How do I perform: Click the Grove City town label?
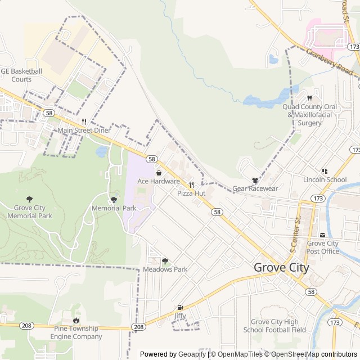click(x=281, y=268)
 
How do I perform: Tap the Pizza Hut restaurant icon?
click(x=191, y=184)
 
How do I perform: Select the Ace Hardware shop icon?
click(x=159, y=173)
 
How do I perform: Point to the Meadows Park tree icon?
click(x=165, y=260)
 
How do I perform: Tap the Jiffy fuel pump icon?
click(x=180, y=307)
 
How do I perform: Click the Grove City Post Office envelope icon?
click(x=322, y=235)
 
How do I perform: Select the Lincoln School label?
click(x=325, y=180)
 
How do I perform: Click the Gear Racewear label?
click(x=255, y=189)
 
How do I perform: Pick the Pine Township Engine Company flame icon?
click(x=76, y=320)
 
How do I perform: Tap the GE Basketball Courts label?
click(x=21, y=75)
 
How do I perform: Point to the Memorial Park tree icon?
click(x=114, y=200)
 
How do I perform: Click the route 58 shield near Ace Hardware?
click(x=152, y=159)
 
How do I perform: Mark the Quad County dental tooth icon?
click(x=310, y=98)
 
